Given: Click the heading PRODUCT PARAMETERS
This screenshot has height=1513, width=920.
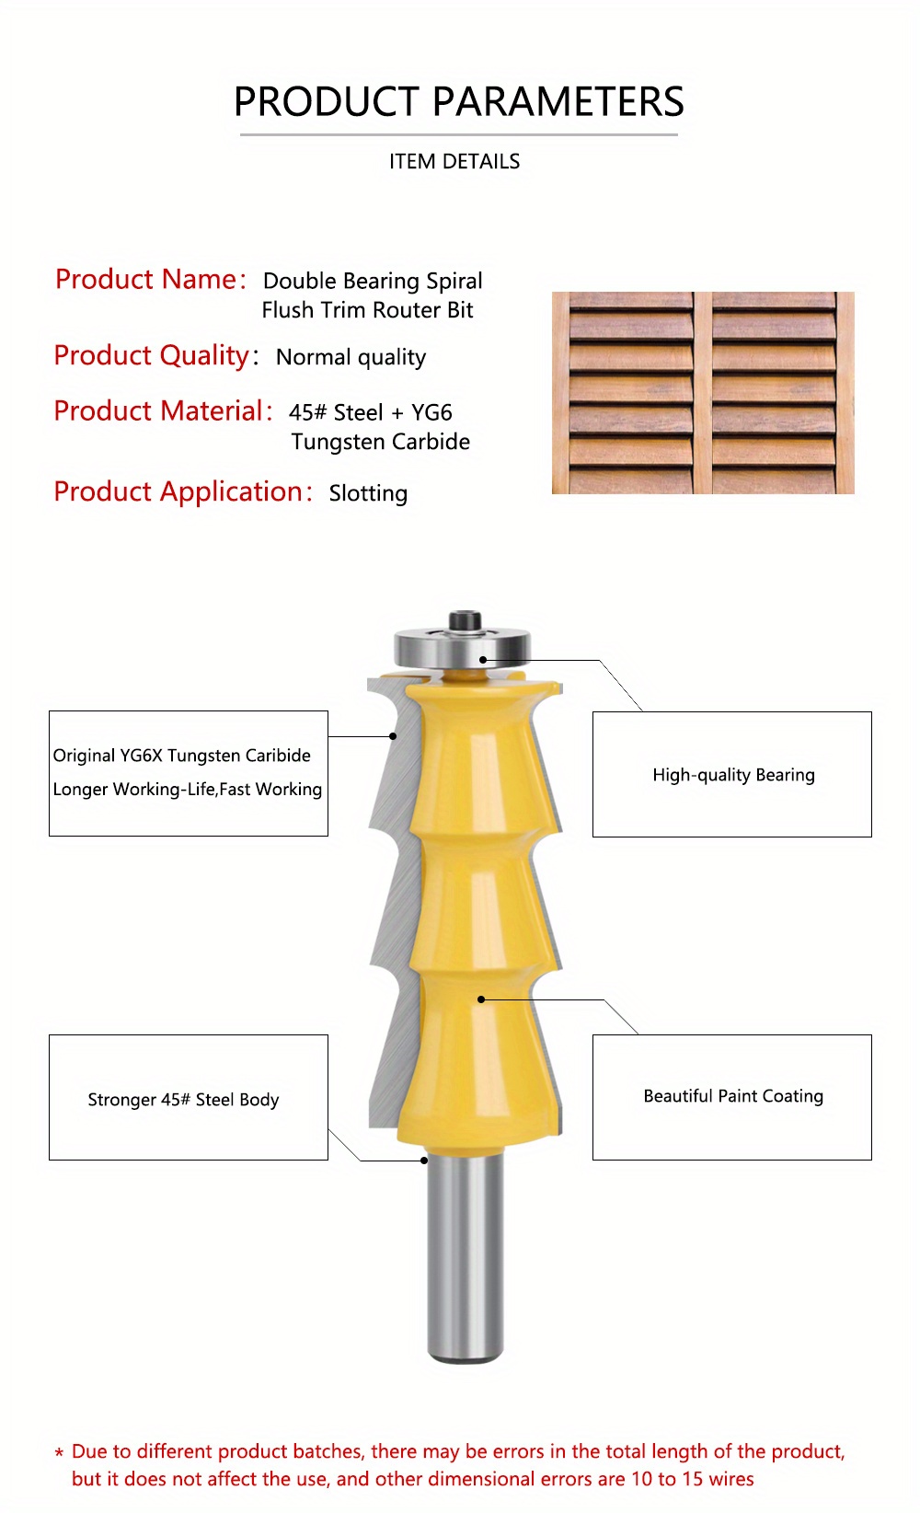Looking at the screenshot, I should [458, 101].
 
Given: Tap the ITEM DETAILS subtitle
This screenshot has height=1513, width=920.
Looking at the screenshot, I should [454, 162].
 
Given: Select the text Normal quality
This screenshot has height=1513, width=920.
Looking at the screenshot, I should [351, 357].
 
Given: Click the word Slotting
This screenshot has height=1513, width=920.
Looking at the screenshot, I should [368, 493].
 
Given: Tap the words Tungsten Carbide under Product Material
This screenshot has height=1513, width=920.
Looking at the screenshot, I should [380, 442].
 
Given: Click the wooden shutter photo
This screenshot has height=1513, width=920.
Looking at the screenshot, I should [703, 393].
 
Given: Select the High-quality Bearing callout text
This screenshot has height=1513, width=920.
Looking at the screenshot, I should [733, 775].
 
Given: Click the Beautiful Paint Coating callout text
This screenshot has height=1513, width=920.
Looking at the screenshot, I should [733, 1096].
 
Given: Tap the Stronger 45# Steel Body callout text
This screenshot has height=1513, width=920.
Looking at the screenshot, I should [183, 1100].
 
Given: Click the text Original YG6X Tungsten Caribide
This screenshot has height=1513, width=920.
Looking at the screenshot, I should [181, 756].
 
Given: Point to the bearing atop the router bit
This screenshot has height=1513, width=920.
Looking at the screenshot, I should [463, 643].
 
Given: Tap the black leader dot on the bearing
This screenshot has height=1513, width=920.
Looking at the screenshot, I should [483, 660].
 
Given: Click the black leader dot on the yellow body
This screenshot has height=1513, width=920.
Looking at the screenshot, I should [481, 999].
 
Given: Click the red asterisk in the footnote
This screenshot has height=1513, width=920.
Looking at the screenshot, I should [59, 1454].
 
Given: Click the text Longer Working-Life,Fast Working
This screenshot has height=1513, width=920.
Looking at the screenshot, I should [188, 790].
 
